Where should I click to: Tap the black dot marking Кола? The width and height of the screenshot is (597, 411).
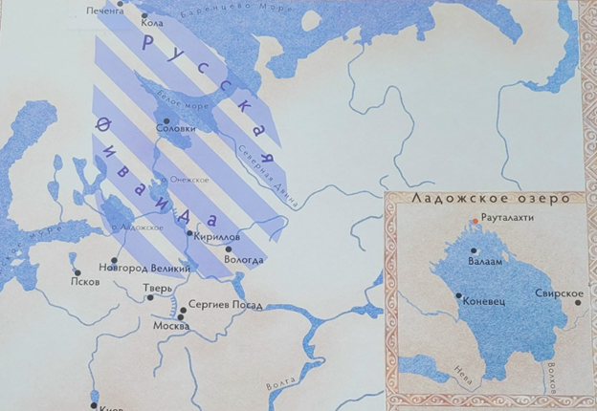click(x=144, y=16)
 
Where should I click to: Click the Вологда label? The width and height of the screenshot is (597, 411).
click(x=244, y=260)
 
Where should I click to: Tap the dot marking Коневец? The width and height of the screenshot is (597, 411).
click(x=459, y=295)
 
